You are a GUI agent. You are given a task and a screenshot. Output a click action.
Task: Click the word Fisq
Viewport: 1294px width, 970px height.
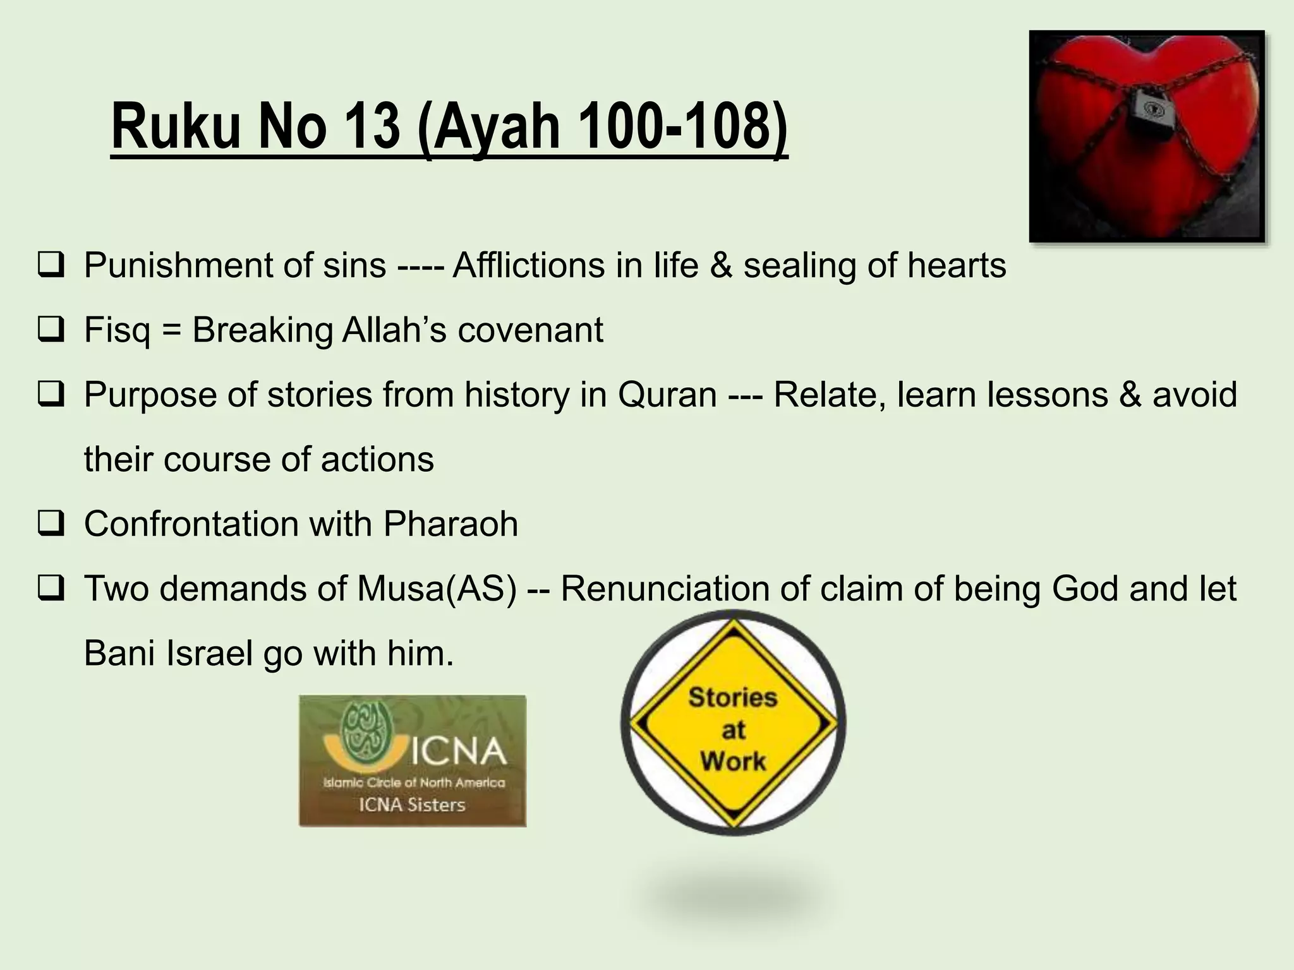117,330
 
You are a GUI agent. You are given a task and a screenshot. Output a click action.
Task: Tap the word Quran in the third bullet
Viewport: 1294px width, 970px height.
667,395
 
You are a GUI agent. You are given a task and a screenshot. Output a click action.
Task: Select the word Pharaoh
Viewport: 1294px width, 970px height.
450,524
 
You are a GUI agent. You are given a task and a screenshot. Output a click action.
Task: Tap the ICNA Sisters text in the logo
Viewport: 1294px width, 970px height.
412,805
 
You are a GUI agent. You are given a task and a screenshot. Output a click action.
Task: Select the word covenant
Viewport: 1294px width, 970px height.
530,330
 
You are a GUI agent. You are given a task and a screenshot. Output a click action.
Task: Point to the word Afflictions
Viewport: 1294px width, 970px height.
528,265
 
